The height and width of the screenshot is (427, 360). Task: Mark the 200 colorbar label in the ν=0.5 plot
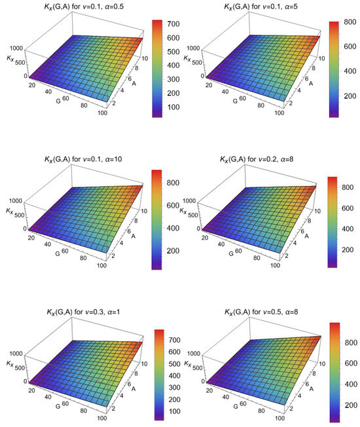(x=346, y=406)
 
